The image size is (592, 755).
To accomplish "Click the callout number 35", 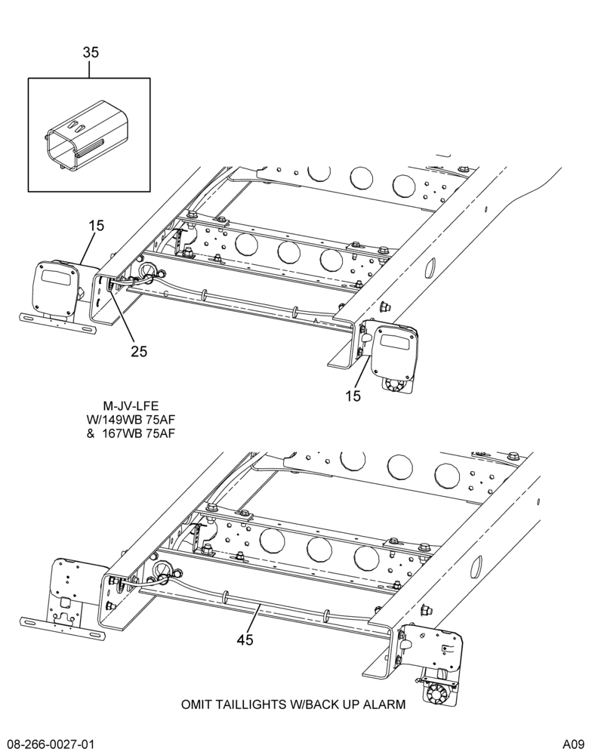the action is [x=91, y=52].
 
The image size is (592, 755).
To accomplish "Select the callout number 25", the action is [x=139, y=352].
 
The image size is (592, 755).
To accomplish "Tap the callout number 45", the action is [x=245, y=639].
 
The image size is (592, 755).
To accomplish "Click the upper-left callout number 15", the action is [x=97, y=225].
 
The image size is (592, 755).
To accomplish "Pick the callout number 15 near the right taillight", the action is [x=353, y=396].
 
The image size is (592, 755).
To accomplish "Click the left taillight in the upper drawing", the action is [x=54, y=289].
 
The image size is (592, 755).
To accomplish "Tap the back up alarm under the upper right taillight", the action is [x=396, y=384].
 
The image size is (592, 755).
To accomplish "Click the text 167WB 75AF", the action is [x=138, y=433].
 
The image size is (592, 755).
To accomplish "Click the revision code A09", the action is [x=573, y=744].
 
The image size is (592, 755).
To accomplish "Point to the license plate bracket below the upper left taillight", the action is [x=57, y=323].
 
